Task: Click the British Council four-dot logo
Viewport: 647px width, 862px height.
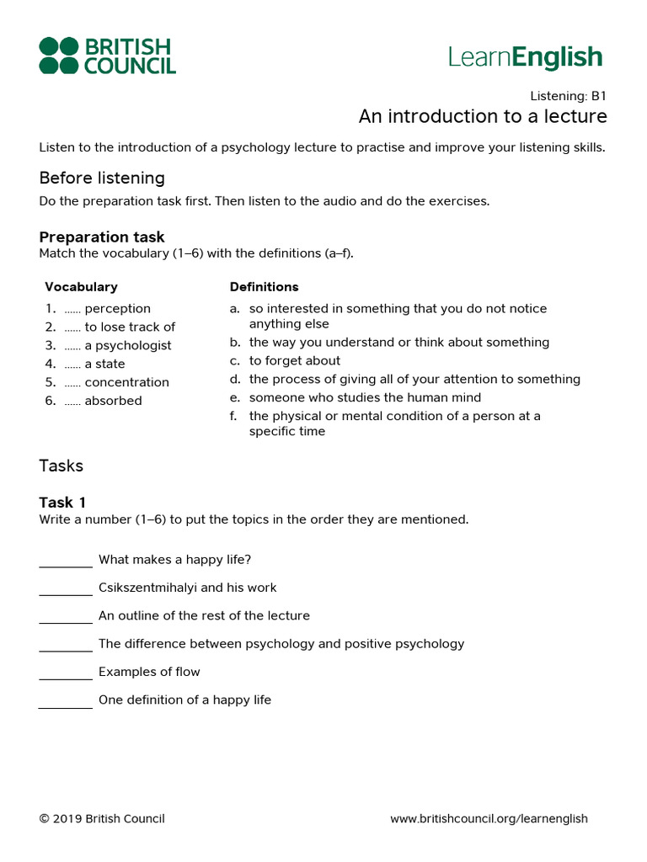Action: [60, 56]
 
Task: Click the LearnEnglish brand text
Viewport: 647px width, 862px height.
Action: [526, 57]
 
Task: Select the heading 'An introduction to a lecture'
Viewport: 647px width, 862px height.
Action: [483, 116]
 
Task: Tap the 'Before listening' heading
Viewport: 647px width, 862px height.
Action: [102, 178]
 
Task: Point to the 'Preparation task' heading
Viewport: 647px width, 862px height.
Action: [102, 237]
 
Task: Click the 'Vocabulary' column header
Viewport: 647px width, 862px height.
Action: [81, 287]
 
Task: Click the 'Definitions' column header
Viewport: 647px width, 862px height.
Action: [264, 287]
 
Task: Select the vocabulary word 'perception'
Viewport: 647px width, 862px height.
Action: [117, 309]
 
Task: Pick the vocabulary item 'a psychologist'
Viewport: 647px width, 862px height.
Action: [127, 346]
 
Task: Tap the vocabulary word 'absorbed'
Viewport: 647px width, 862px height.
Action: [113, 402]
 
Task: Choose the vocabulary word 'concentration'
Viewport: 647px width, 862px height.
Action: [126, 383]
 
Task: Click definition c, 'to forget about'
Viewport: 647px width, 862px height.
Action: [295, 361]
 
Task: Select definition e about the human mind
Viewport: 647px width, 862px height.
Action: [365, 398]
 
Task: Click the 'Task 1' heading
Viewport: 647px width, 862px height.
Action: [62, 503]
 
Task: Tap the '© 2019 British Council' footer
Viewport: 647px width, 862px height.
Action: [102, 819]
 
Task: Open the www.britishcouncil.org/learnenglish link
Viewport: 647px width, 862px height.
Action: [489, 819]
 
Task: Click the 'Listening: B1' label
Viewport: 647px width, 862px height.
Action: [568, 96]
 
